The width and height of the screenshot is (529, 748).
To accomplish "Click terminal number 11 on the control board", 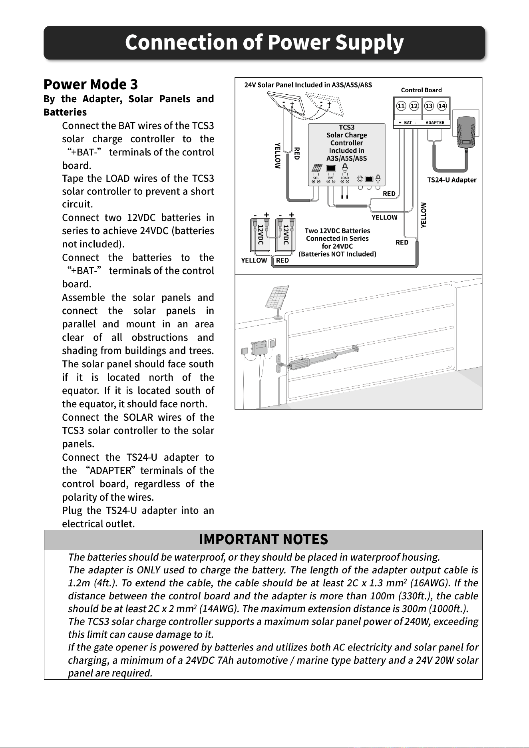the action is (401, 106).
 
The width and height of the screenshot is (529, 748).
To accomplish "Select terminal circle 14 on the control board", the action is (442, 106).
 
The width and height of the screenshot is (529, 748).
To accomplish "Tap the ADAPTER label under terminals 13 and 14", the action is (435, 123).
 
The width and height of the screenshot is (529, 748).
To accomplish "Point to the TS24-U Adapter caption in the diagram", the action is (452, 180).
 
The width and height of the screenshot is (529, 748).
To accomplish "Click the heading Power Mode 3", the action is (91, 84).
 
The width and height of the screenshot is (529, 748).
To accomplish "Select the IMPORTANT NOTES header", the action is (263, 539).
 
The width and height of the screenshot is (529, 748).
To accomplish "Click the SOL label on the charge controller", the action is (316, 178).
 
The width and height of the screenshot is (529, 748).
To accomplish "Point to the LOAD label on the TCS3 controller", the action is (344, 178).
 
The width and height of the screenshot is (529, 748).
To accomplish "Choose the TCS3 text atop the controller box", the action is (346, 127).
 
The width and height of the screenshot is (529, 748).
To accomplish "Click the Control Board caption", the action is (422, 90).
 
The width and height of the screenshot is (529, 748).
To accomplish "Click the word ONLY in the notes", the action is (148, 570).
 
